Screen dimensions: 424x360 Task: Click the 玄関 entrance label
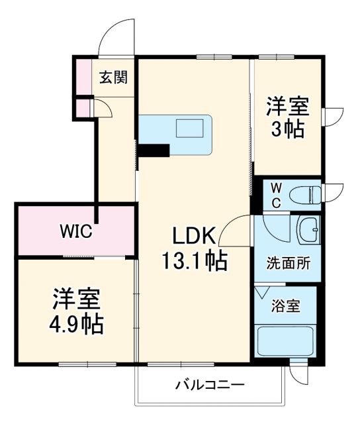[113, 78]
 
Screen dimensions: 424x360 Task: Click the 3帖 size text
[286, 129]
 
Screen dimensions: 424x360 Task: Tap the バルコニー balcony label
[210, 385]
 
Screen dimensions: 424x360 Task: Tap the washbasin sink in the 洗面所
[307, 231]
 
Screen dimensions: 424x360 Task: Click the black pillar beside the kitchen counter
[152, 150]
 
